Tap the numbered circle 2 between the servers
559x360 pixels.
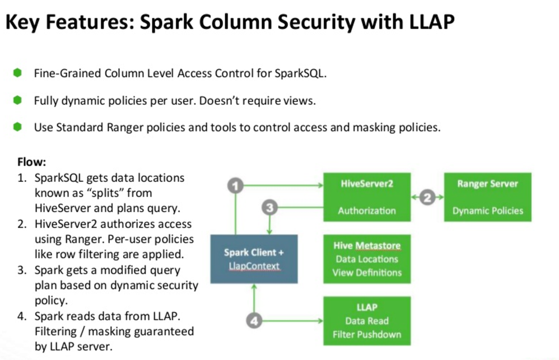coord(427,197)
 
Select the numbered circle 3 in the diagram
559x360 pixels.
coord(270,208)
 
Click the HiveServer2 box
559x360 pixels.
coord(367,197)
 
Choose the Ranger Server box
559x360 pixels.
coord(487,197)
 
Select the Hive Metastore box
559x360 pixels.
coord(367,259)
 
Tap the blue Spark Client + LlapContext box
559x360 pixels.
coord(254,259)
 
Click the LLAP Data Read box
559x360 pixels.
coord(367,321)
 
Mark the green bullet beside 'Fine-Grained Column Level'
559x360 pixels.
coord(17,72)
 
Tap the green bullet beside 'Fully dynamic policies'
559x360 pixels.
coord(17,100)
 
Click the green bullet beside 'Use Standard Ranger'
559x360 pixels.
coord(17,127)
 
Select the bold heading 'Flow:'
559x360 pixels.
coord(32,162)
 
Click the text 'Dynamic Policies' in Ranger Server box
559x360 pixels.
coord(487,211)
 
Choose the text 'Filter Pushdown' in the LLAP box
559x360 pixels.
coord(367,335)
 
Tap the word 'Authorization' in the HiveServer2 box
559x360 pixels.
coord(367,211)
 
